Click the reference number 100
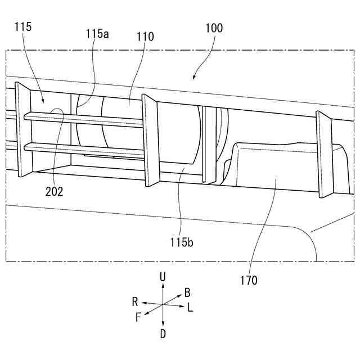click(x=214, y=28)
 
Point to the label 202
click(x=55, y=191)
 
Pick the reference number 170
click(x=247, y=280)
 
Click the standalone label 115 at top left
click(x=24, y=26)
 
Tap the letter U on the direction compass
click(x=163, y=276)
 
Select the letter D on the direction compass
click(x=163, y=334)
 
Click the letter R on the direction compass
click(x=135, y=301)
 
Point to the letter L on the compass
click(x=190, y=308)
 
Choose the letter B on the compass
click(x=187, y=292)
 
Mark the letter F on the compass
click(x=138, y=317)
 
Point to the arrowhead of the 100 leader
click(x=194, y=78)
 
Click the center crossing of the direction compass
click(x=163, y=304)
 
